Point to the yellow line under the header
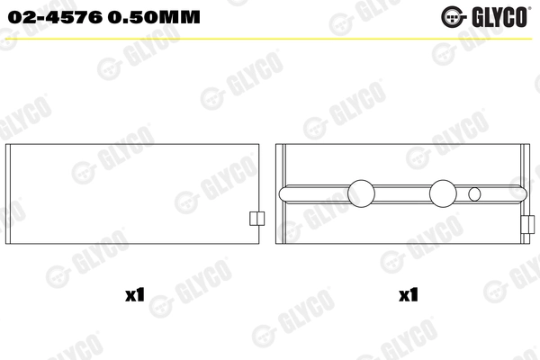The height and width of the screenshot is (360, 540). pyautogui.click(x=270, y=37)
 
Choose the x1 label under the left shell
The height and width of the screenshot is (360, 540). pyautogui.click(x=135, y=293)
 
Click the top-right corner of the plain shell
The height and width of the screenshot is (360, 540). pyautogui.click(x=260, y=145)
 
